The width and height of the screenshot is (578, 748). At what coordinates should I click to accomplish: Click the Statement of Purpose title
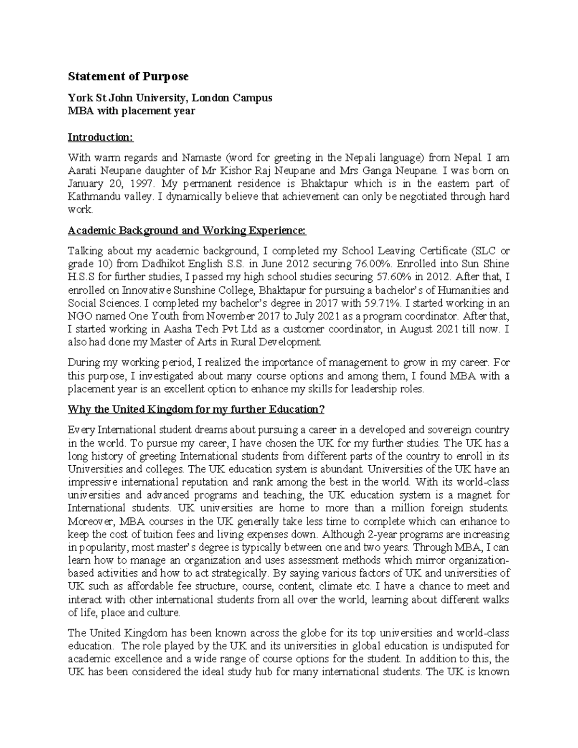128,77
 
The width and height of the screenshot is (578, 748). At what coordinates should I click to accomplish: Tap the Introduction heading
100,137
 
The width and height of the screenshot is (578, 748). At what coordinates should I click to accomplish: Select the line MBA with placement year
131,111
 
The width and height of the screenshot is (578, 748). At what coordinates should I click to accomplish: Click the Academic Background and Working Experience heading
187,231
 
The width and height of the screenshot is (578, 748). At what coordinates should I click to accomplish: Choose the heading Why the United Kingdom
197,409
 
